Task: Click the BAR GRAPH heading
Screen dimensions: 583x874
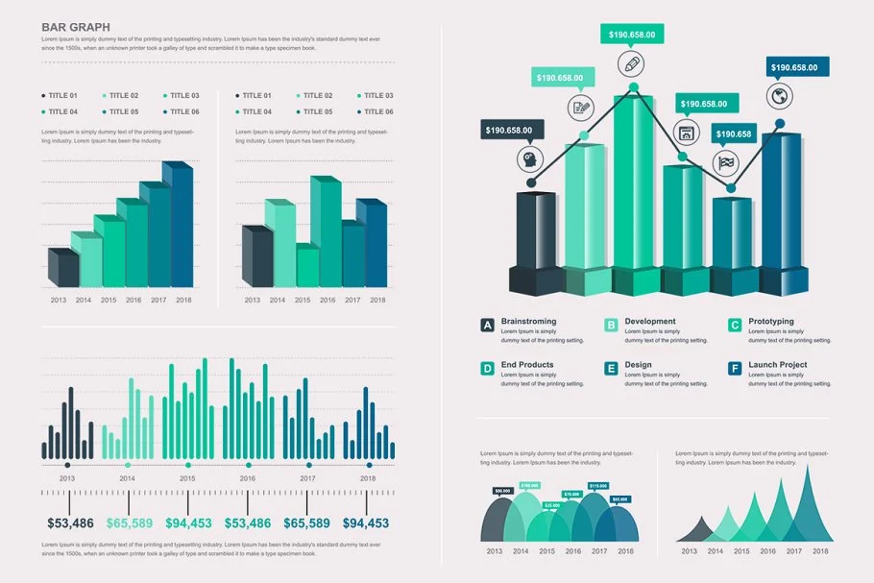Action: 75,27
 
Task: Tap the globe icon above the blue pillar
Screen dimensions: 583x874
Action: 779,96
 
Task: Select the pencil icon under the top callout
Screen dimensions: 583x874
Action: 632,64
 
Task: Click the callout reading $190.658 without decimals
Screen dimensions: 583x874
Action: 734,134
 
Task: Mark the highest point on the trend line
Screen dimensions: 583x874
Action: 633,87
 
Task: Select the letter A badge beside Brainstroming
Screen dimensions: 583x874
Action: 488,326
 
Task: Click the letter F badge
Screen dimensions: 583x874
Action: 735,369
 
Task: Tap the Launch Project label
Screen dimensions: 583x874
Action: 777,365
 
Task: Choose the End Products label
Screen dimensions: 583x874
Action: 527,365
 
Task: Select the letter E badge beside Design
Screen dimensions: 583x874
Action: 611,369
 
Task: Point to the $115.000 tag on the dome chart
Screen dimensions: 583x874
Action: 597,486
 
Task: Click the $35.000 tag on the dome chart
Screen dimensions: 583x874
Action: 551,505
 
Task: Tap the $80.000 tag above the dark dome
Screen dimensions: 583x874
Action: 502,491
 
